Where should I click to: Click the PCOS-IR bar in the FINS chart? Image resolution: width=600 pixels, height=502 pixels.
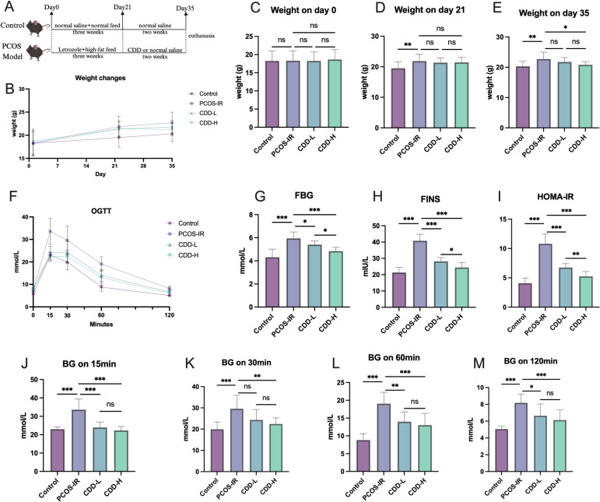(x=420, y=274)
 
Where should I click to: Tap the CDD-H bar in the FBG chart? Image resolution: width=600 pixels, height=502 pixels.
(x=335, y=279)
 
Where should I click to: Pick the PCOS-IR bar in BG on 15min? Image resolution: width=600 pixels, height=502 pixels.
(x=79, y=441)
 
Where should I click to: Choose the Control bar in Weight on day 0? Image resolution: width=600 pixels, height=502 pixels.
(x=272, y=94)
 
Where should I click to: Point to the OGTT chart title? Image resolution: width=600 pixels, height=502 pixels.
(x=101, y=210)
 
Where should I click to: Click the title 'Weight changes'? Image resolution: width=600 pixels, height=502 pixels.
(x=100, y=78)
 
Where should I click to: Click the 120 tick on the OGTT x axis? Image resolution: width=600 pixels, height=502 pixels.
(x=169, y=315)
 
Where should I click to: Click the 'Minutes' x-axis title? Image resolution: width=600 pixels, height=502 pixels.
(x=101, y=324)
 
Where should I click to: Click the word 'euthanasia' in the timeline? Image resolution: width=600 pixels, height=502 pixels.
(x=202, y=36)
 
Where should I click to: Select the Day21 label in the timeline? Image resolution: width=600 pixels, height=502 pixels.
(x=122, y=8)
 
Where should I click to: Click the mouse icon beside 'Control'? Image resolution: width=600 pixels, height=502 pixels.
(x=38, y=26)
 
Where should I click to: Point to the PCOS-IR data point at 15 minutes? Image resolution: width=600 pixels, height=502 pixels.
(x=50, y=231)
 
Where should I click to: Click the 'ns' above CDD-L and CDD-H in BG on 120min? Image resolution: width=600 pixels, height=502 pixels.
(x=550, y=393)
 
